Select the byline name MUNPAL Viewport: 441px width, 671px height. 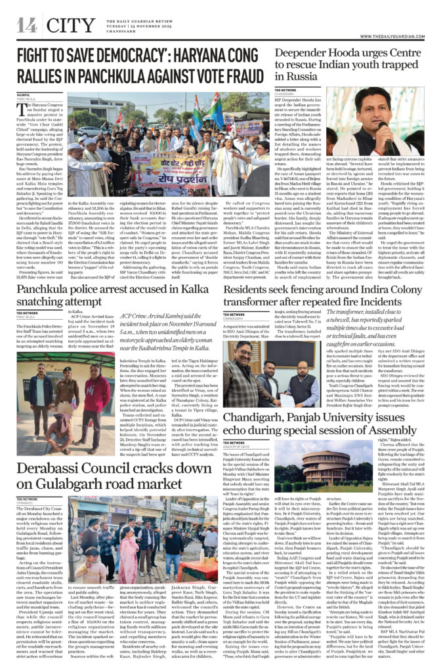(24, 96)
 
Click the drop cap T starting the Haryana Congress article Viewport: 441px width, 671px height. (20, 107)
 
